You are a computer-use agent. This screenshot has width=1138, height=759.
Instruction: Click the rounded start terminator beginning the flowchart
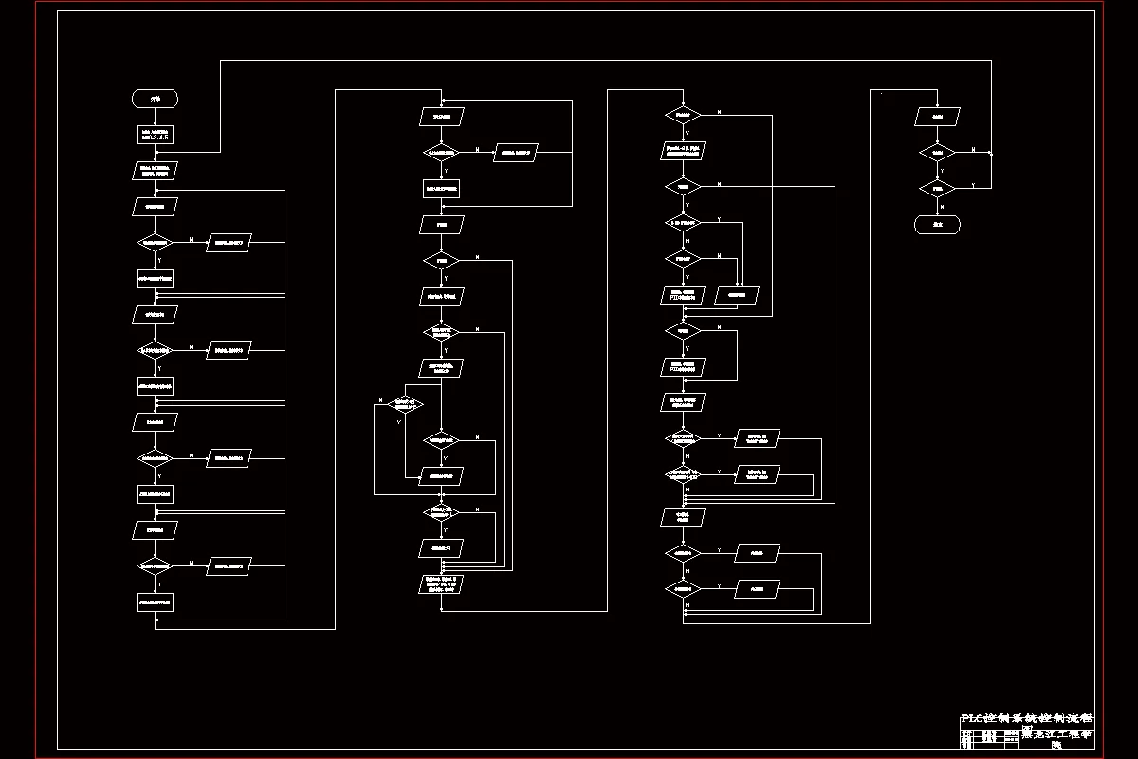coord(156,99)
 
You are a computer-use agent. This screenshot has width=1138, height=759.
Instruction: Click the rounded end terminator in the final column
coord(937,225)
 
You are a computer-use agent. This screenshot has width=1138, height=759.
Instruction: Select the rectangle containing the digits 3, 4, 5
coord(156,135)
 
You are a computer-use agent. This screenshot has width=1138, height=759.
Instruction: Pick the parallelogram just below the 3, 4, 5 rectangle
coord(156,171)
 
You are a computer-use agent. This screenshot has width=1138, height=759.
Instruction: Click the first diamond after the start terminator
coord(156,242)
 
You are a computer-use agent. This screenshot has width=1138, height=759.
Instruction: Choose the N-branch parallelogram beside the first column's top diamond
coord(229,242)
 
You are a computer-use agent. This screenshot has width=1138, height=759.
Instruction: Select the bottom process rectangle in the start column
coord(156,602)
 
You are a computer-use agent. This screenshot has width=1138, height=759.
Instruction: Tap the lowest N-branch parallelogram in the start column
coord(229,566)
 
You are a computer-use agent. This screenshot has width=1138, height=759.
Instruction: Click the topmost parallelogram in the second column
coord(442,117)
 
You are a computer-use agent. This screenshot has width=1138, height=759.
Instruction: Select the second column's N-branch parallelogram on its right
coord(515,152)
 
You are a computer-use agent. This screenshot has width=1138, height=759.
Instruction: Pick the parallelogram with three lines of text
coord(442,583)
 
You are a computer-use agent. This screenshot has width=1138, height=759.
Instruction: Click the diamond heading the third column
coord(683,115)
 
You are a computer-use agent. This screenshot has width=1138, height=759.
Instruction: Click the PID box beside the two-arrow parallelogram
coord(683,294)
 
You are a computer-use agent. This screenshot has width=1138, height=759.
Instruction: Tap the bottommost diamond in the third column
coord(683,588)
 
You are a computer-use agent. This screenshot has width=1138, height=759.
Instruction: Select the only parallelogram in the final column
coord(937,117)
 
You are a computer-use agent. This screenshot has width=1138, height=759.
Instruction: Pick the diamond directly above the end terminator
coord(937,189)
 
